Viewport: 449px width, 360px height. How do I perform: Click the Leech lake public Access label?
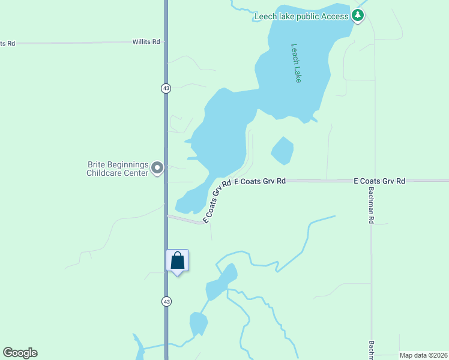pyautogui.click(x=301, y=16)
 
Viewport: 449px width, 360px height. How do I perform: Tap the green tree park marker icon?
pyautogui.click(x=358, y=16)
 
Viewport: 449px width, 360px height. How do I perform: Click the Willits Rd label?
pyautogui.click(x=146, y=42)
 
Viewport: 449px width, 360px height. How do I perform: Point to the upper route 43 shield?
pyautogui.click(x=166, y=88)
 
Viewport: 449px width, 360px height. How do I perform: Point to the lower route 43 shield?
pyautogui.click(x=166, y=301)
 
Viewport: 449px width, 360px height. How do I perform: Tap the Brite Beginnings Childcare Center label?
pyautogui.click(x=118, y=169)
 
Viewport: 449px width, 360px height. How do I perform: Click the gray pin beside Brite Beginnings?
pyautogui.click(x=157, y=168)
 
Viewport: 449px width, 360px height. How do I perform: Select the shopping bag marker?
pyautogui.click(x=177, y=261)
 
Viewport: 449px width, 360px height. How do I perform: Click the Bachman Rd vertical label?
pyautogui.click(x=371, y=204)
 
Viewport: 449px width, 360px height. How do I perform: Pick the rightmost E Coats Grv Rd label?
pyautogui.click(x=379, y=181)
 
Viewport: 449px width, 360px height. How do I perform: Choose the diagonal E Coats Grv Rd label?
pyautogui.click(x=217, y=202)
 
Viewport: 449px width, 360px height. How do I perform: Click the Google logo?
pyautogui.click(x=20, y=353)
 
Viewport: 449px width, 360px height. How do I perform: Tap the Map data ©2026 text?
pyautogui.click(x=423, y=355)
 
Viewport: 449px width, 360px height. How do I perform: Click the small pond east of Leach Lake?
pyautogui.click(x=282, y=151)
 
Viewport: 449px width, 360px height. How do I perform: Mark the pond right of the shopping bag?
pyautogui.click(x=221, y=283)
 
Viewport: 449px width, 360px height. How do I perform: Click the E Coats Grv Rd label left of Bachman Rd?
pyautogui.click(x=259, y=181)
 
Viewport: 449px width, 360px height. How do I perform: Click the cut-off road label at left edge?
pyautogui.click(x=7, y=43)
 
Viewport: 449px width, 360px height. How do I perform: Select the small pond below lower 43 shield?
pyautogui.click(x=199, y=323)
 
